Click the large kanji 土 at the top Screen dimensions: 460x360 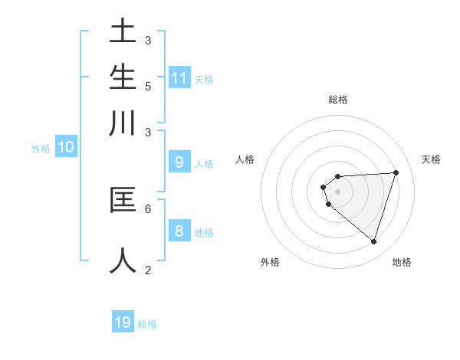pyautogui.click(x=123, y=33)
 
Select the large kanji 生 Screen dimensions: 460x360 pyautogui.click(x=123, y=77)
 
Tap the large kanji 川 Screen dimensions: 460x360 pyautogui.click(x=123, y=123)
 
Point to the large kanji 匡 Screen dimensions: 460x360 pyautogui.click(x=123, y=200)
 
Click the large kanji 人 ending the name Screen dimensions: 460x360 pyautogui.click(x=123, y=260)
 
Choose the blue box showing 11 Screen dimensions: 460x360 pyautogui.click(x=179, y=78)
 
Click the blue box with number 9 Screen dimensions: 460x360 pyautogui.click(x=179, y=162)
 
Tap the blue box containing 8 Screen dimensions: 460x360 pyautogui.click(x=179, y=231)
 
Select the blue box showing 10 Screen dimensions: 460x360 pyautogui.click(x=66, y=148)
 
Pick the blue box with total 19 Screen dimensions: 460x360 pyautogui.click(x=123, y=322)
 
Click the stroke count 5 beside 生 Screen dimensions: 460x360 pyautogui.click(x=148, y=85)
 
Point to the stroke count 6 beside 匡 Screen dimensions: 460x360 pyautogui.click(x=148, y=208)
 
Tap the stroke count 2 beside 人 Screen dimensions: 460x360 pyautogui.click(x=148, y=270)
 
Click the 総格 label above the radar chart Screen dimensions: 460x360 pyautogui.click(x=338, y=100)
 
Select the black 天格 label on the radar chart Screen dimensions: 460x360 pyautogui.click(x=431, y=159)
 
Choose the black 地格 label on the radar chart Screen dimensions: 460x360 pyautogui.click(x=402, y=262)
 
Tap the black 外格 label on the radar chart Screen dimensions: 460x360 pyautogui.click(x=270, y=262)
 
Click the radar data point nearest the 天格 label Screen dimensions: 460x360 pyautogui.click(x=396, y=172)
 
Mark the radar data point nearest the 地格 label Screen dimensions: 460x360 pyautogui.click(x=373, y=241)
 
